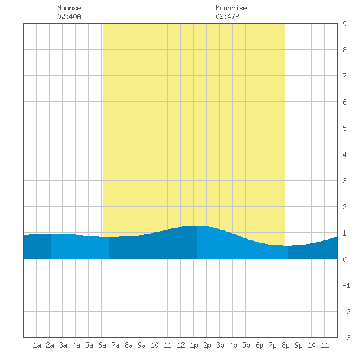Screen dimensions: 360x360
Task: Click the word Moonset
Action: [x=71, y=8]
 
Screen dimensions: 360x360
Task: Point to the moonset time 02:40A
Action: [x=69, y=16]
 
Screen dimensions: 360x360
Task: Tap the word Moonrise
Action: [x=231, y=8]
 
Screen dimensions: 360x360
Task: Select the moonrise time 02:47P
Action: [x=227, y=16]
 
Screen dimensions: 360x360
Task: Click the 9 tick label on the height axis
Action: [x=344, y=24]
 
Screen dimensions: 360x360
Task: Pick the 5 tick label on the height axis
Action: [x=344, y=128]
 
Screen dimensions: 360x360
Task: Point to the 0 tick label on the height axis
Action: [x=344, y=259]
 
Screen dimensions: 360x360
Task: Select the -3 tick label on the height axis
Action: [x=346, y=338]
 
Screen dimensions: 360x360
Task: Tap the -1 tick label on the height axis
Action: [x=346, y=285]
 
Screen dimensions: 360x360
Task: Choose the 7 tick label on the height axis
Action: [x=344, y=76]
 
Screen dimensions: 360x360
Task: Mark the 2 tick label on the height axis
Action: [x=344, y=207]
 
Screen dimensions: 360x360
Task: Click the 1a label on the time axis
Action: [x=37, y=345]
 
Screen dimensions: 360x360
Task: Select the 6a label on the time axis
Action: [x=102, y=345]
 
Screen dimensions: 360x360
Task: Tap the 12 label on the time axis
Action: [x=181, y=345]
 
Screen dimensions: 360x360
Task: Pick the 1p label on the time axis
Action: [x=194, y=345]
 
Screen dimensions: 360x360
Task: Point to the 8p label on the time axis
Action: [x=285, y=345]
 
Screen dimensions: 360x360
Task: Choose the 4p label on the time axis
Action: [x=233, y=345]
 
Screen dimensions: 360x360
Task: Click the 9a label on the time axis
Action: [x=141, y=345]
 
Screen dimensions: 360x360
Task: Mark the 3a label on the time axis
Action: [x=63, y=345]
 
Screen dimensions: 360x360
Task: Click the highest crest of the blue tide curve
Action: [x=197, y=226]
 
